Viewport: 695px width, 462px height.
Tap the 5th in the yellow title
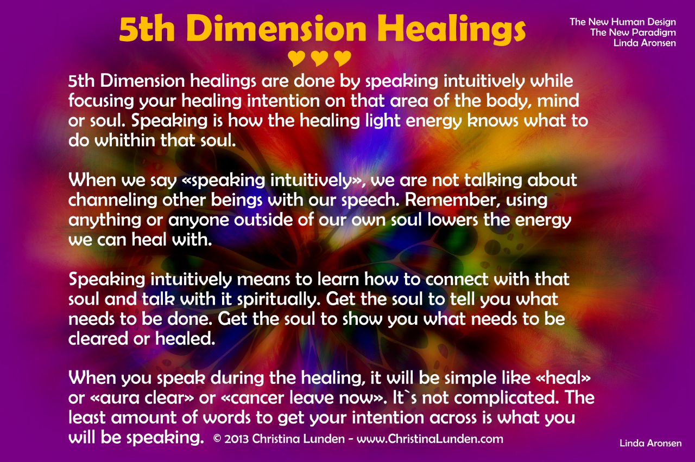tap(147, 29)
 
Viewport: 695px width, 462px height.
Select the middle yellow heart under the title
tap(320, 59)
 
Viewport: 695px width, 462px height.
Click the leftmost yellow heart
tap(296, 59)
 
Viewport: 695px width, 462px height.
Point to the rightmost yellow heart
tap(343, 59)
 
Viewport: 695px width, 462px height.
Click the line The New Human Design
tap(623, 22)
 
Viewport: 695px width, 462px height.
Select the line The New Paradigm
tap(633, 33)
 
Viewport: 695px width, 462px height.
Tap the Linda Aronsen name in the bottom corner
tap(650, 443)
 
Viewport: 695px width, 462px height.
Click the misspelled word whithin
tap(125, 140)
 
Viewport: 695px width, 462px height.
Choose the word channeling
tap(113, 201)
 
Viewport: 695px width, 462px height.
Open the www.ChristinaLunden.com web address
tap(430, 439)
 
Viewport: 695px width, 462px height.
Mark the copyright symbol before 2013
tap(217, 439)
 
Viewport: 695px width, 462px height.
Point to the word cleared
tap(98, 338)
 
